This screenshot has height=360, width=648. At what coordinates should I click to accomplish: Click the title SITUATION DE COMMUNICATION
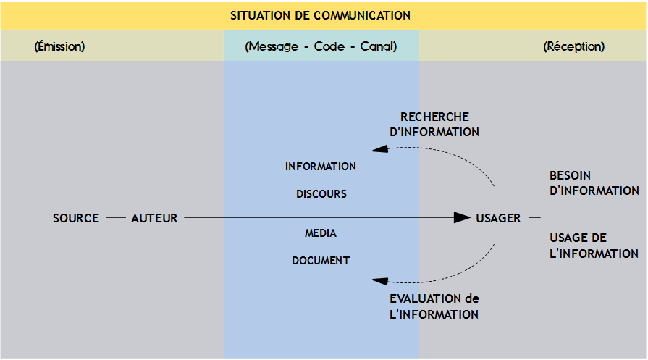tap(320, 15)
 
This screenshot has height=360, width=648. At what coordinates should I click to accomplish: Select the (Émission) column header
tap(59, 46)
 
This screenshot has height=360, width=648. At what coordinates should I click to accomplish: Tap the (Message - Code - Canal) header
tap(321, 46)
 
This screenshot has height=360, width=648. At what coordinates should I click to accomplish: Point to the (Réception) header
tap(573, 46)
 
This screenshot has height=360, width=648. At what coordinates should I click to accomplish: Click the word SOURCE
tap(76, 218)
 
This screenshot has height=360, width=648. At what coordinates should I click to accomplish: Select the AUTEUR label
tap(154, 218)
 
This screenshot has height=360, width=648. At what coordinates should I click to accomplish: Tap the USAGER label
tap(498, 218)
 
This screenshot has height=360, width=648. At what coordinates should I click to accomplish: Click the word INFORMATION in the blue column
tap(321, 167)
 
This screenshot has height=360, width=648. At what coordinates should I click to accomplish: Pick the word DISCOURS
tap(321, 194)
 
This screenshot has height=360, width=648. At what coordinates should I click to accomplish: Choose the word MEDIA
tap(321, 233)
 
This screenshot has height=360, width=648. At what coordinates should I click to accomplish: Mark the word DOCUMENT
tap(321, 261)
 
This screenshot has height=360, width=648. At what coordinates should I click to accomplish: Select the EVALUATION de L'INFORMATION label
tap(434, 306)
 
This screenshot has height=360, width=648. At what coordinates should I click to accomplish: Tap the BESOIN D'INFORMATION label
tap(594, 183)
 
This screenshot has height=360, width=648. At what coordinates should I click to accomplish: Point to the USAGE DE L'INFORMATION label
tap(594, 246)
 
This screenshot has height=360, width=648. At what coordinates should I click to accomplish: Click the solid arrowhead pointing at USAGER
tap(463, 217)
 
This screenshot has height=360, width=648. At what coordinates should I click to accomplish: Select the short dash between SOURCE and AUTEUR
tap(115, 217)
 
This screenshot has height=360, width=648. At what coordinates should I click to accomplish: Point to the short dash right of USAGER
tap(534, 217)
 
